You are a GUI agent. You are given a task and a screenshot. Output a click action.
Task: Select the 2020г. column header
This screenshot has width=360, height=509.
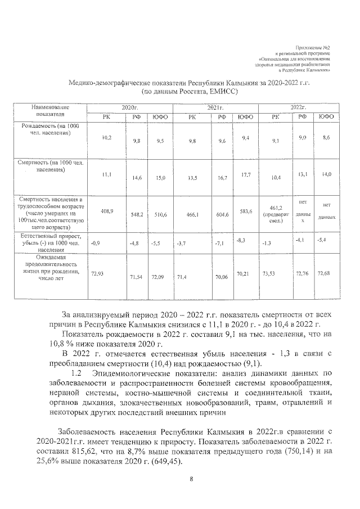[129, 106]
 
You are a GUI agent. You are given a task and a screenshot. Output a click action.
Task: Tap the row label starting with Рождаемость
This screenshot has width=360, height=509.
[51, 131]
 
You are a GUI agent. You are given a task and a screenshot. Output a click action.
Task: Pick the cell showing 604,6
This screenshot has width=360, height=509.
[222, 214]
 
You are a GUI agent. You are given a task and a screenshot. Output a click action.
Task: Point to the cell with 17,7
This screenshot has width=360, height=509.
[245, 175]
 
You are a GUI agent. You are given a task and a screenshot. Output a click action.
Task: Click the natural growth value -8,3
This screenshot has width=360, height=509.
[244, 240]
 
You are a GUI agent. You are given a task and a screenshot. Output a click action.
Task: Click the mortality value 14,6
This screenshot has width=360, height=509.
[136, 178]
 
